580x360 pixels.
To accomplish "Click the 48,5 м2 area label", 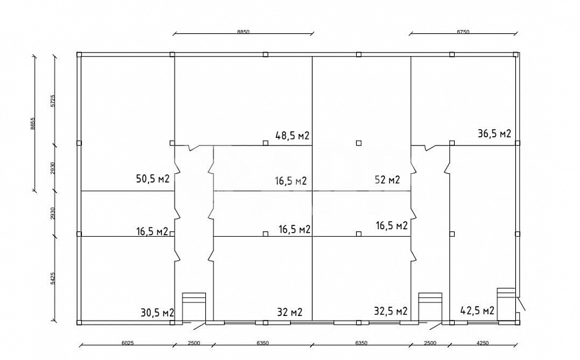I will (293, 136).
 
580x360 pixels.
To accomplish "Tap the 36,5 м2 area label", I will (494, 134).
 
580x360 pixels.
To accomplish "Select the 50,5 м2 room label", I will (152, 179).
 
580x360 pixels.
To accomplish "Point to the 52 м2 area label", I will (387, 179).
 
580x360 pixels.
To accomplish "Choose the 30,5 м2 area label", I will (157, 312).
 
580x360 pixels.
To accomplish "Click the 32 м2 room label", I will (289, 312).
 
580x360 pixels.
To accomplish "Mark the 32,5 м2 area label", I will (391, 311).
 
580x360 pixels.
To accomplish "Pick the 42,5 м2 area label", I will (477, 311).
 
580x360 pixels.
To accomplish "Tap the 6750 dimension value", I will (465, 31).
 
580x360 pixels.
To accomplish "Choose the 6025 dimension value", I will (127, 344).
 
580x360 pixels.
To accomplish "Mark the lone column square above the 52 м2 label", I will (359, 142).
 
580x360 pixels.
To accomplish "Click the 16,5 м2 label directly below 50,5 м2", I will (152, 231).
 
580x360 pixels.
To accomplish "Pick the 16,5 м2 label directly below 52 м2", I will (391, 226).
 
